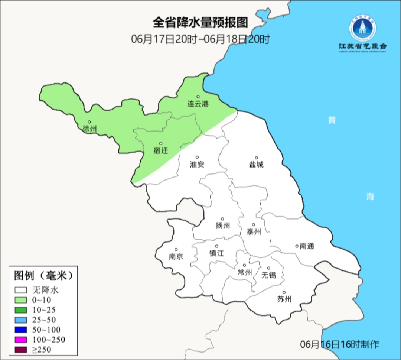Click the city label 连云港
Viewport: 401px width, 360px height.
[x=198, y=104]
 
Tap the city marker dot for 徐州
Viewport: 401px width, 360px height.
[x=89, y=122]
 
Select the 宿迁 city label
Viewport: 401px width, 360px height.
[x=160, y=151]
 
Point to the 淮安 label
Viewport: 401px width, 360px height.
[x=197, y=165]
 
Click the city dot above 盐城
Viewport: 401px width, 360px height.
[x=256, y=158]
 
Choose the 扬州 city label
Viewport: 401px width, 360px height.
[x=222, y=226]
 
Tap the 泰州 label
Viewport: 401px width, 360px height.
[x=254, y=232]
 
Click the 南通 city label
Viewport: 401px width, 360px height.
[x=307, y=246]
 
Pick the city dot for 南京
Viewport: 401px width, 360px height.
[x=176, y=250]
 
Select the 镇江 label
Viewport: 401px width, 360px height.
[x=217, y=253]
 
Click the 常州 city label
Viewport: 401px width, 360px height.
[x=245, y=273]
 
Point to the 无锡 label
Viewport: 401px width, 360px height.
[x=269, y=275]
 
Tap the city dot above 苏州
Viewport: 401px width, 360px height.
[x=284, y=293]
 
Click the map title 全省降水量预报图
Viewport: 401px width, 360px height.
[x=200, y=23]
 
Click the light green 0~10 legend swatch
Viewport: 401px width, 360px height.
[x=21, y=300]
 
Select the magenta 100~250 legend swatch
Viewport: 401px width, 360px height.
[x=21, y=340]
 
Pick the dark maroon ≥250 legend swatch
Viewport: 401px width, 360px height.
[x=21, y=350]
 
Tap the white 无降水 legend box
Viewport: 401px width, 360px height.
[x=21, y=290]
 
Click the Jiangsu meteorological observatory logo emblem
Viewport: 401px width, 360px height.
[x=362, y=29]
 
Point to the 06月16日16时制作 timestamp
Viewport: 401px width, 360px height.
[x=340, y=344]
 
